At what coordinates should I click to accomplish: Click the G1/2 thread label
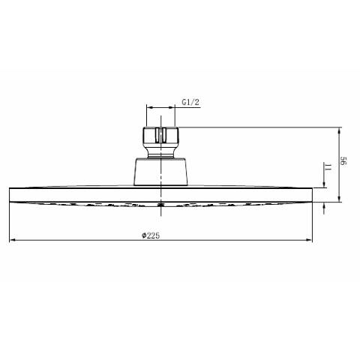coord(190,102)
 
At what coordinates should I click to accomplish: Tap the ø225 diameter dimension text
coord(151,235)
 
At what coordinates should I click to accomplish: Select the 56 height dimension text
coord(343,161)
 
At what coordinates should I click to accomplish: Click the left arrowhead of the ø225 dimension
coord(13,240)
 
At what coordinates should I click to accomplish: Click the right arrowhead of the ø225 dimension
coord(309,240)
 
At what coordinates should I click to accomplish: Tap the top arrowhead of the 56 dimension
coord(339,130)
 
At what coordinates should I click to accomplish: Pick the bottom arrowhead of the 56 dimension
coord(339,198)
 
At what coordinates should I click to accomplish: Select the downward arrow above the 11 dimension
coord(324,175)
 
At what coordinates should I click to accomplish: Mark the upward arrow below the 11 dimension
coord(324,208)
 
